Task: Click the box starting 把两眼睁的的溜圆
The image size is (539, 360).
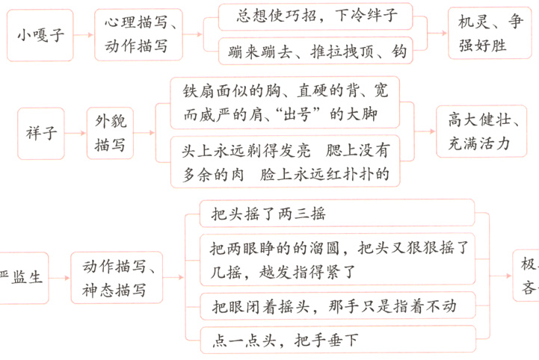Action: click(337, 258)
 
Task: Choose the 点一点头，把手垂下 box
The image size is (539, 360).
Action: click(337, 341)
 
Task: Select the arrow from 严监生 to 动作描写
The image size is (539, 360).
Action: click(60, 277)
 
